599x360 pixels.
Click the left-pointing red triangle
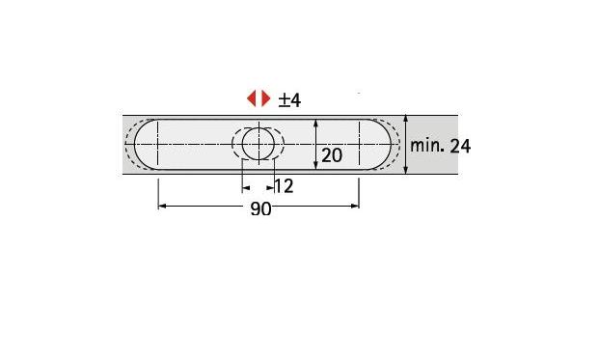252,98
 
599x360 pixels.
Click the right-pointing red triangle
265,98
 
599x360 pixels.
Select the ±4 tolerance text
289,100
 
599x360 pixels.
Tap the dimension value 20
332,155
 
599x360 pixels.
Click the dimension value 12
284,186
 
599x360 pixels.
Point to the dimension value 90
260,208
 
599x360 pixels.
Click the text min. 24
440,146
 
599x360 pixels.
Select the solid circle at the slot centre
259,144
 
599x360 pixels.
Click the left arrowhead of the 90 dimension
162,206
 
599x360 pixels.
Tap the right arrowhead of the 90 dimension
355,206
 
